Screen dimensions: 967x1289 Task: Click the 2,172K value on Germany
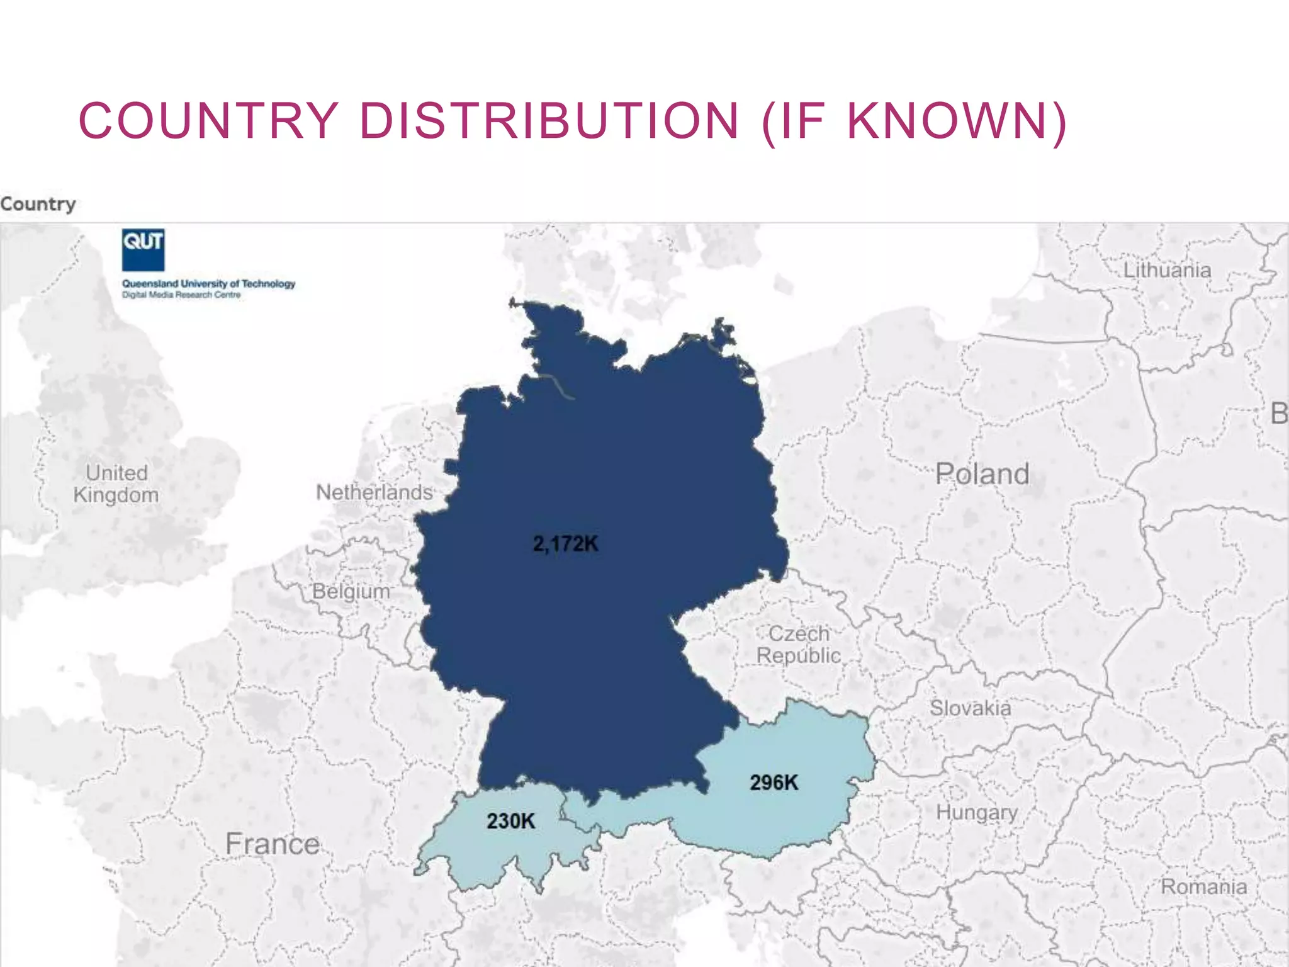pyautogui.click(x=565, y=543)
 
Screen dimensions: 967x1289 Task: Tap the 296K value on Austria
pyautogui.click(x=774, y=783)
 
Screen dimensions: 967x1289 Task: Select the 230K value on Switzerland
pyautogui.click(x=510, y=821)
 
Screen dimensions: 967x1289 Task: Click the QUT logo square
pyautogui.click(x=143, y=249)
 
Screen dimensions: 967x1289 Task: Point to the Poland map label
pyautogui.click(x=982, y=474)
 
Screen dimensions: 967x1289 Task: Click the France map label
pyautogui.click(x=273, y=844)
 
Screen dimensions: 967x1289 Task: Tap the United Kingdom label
pyautogui.click(x=116, y=484)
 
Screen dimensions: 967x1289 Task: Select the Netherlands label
pyautogui.click(x=374, y=492)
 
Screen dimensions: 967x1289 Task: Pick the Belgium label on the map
pyautogui.click(x=351, y=592)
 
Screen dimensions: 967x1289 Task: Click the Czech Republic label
pyautogui.click(x=799, y=645)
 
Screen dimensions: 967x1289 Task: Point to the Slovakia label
pyautogui.click(x=971, y=708)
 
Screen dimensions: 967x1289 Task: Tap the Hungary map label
pyautogui.click(x=977, y=812)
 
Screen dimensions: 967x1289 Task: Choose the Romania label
pyautogui.click(x=1203, y=886)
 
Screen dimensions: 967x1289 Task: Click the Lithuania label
pyautogui.click(x=1167, y=270)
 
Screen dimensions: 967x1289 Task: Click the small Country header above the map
pyautogui.click(x=38, y=204)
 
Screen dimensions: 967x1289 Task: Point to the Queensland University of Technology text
pyautogui.click(x=208, y=284)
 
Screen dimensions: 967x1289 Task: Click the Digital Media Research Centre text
pyautogui.click(x=181, y=295)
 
